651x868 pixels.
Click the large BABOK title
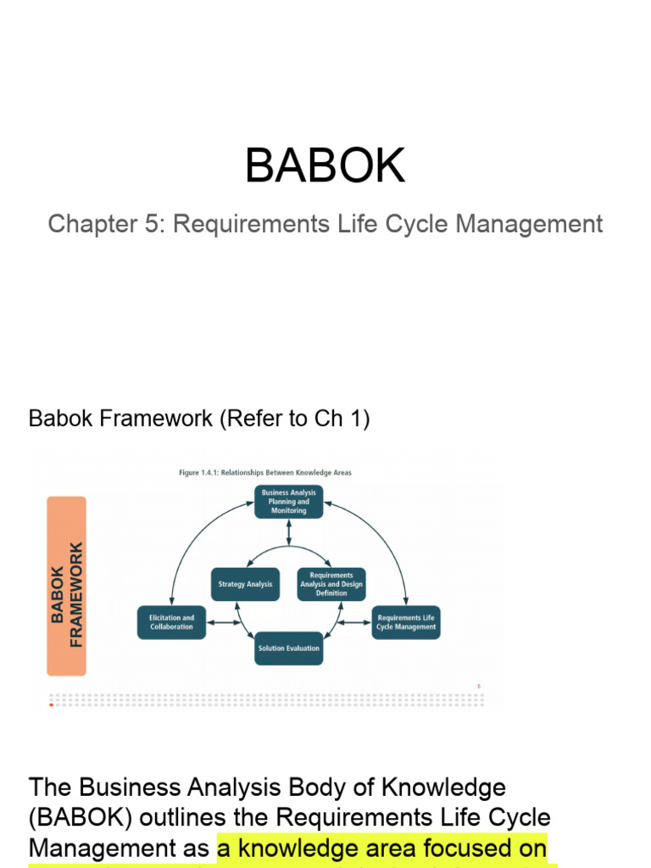[x=325, y=165]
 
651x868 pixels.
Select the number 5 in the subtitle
[x=149, y=225]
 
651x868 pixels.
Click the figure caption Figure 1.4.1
[x=264, y=472]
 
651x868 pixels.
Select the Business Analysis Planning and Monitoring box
[x=289, y=502]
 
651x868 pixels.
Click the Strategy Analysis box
[x=245, y=584]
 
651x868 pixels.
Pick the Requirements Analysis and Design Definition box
[x=331, y=584]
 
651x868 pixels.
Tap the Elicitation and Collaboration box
[x=171, y=622]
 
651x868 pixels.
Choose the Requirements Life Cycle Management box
[x=406, y=622]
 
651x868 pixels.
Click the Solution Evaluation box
[x=289, y=648]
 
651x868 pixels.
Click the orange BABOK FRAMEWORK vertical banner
[x=66, y=586]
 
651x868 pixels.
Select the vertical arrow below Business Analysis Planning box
[x=289, y=531]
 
